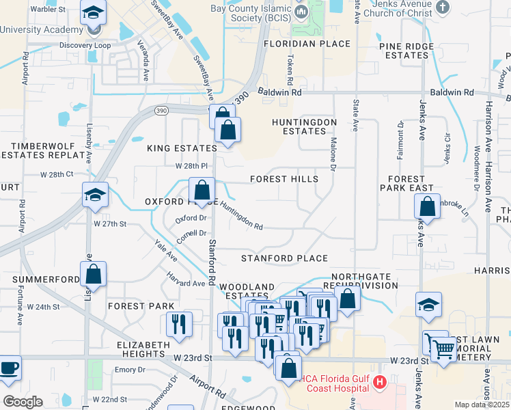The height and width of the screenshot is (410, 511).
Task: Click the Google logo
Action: (x=23, y=402)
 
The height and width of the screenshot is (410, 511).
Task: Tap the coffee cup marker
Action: (x=9, y=368)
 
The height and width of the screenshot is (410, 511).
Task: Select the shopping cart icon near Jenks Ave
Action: (x=444, y=350)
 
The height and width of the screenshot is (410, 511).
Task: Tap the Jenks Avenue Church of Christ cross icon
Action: (x=443, y=7)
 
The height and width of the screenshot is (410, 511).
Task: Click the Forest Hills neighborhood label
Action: (x=284, y=179)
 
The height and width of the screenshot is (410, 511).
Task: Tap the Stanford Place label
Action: (x=284, y=258)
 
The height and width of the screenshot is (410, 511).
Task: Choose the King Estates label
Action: (x=182, y=148)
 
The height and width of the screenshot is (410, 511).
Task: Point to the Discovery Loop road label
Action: (x=84, y=46)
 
